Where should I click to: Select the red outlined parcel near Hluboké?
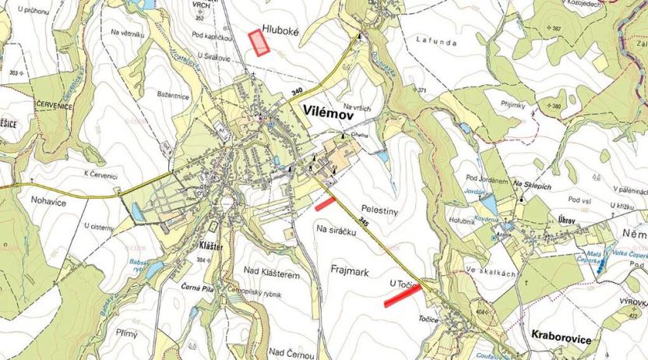point(258,42)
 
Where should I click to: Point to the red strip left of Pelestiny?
point(325,204)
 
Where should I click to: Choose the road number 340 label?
point(297,92)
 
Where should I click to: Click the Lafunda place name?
point(436,41)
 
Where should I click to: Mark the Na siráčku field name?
point(336,230)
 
